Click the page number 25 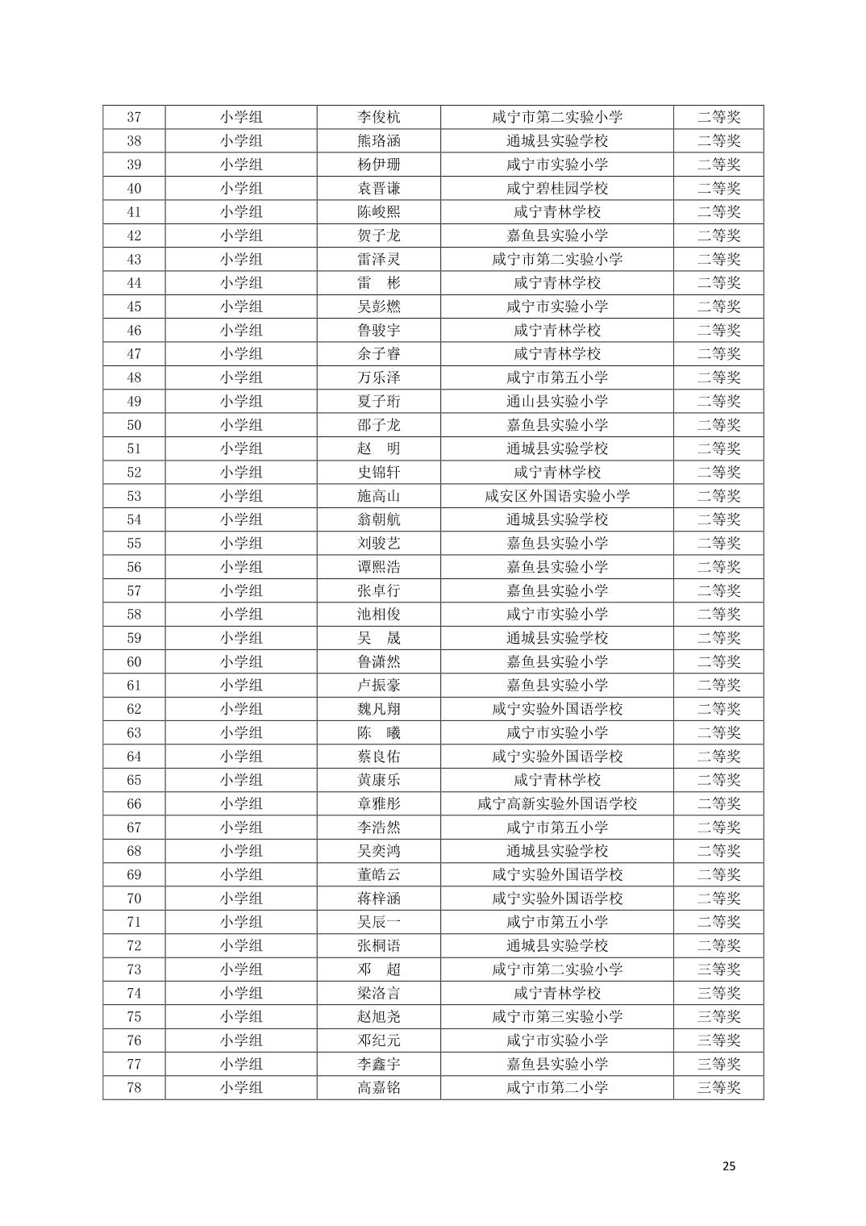pyautogui.click(x=729, y=1166)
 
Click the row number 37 pyautogui.click(x=134, y=117)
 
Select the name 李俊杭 pyautogui.click(x=378, y=117)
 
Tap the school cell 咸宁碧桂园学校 pyautogui.click(x=556, y=188)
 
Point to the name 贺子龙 pyautogui.click(x=378, y=236)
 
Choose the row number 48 pyautogui.click(x=134, y=377)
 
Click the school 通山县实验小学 pyautogui.click(x=556, y=401)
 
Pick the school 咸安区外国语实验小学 pyautogui.click(x=556, y=496)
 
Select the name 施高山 pyautogui.click(x=378, y=496)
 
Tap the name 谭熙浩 pyautogui.click(x=378, y=567)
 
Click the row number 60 pyautogui.click(x=134, y=661)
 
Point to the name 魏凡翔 pyautogui.click(x=378, y=709)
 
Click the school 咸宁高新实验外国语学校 pyautogui.click(x=556, y=803)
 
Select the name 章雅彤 pyautogui.click(x=378, y=803)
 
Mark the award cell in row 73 pyautogui.click(x=718, y=970)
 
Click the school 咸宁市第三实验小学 pyautogui.click(x=556, y=1016)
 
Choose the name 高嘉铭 pyautogui.click(x=378, y=1087)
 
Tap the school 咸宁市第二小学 pyautogui.click(x=556, y=1087)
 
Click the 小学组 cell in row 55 pyautogui.click(x=241, y=543)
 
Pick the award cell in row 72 pyautogui.click(x=718, y=945)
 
